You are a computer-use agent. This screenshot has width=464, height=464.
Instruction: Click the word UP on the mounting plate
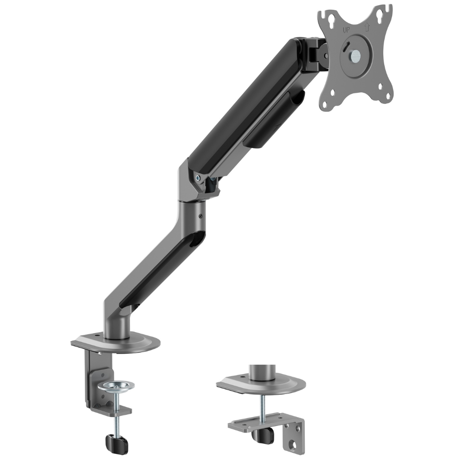[x=346, y=30]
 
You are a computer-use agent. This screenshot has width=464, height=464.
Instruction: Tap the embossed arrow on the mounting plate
[x=367, y=27]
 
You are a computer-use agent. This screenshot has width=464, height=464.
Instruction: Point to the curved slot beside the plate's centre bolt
[x=346, y=47]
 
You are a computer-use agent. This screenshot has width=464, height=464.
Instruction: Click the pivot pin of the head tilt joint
[x=326, y=56]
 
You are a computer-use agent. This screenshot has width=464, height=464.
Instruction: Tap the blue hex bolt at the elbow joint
[x=198, y=178]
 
